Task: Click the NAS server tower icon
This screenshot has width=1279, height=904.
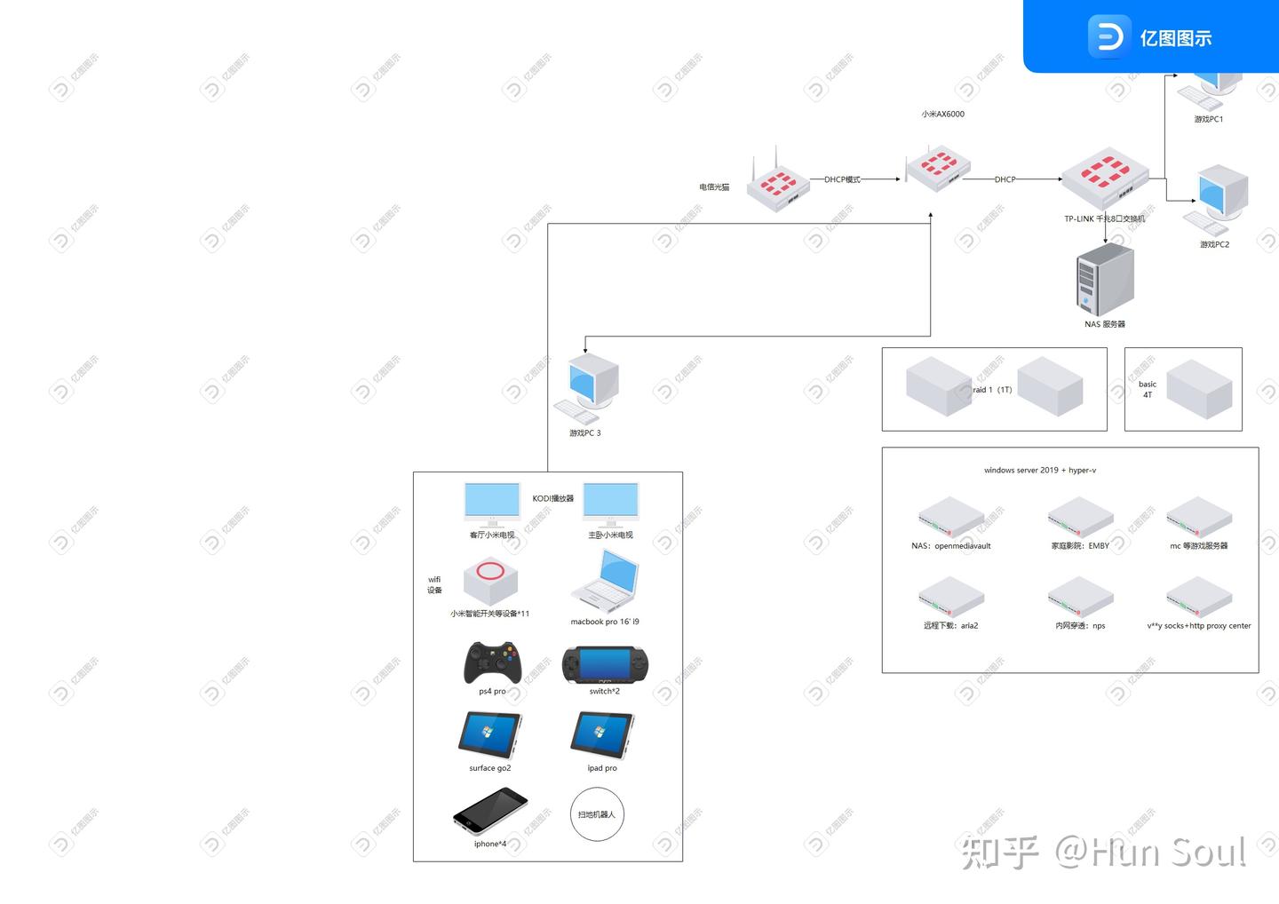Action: [1105, 278]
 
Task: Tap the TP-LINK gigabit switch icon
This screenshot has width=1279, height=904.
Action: [1105, 178]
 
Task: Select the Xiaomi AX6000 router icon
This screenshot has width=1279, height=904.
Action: [937, 168]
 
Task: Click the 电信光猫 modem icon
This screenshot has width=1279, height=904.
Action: [777, 183]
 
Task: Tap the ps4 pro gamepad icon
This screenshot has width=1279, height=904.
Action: [492, 662]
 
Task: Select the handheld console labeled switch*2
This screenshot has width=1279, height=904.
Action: [605, 665]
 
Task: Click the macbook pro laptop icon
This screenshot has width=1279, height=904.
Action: [606, 582]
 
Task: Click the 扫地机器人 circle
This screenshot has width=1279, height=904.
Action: [597, 814]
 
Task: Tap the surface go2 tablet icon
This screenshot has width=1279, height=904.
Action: [489, 735]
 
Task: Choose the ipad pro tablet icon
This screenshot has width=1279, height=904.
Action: [602, 735]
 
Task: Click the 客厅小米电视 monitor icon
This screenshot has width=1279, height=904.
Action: [492, 504]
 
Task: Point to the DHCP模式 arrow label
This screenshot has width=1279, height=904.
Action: [842, 179]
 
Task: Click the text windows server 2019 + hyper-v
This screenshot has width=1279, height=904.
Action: [1039, 471]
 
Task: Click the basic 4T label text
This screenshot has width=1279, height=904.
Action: [1148, 390]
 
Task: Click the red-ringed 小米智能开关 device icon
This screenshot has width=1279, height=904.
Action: [490, 580]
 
